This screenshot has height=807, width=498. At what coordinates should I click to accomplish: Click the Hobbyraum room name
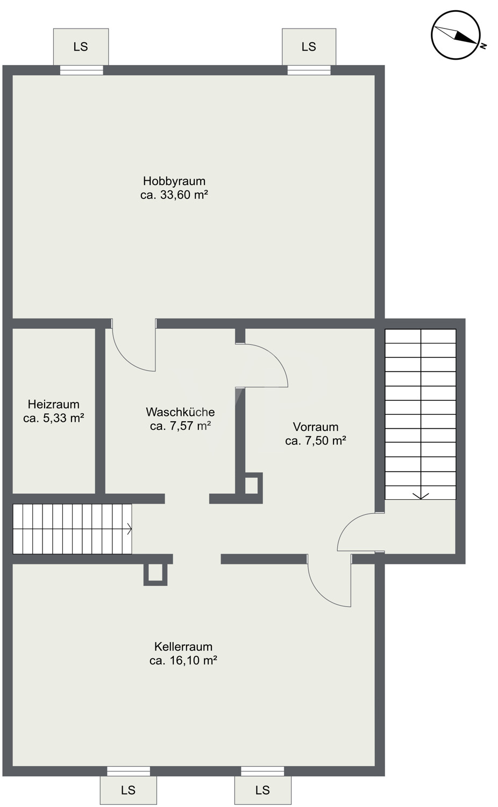[x=174, y=181]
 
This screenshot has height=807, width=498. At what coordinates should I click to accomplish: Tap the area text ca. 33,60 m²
[x=174, y=195]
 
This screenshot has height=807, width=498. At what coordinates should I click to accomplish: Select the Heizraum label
[x=54, y=404]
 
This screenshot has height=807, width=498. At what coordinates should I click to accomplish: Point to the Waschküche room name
[x=180, y=412]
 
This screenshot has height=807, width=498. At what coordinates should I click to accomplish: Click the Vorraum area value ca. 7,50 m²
[x=316, y=441]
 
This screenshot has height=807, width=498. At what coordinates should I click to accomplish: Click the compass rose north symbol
[x=456, y=35]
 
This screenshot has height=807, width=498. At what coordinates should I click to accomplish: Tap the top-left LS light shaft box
[x=81, y=47]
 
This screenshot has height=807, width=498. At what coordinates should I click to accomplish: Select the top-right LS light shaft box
[x=309, y=47]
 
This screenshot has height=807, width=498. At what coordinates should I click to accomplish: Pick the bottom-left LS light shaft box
[x=128, y=790]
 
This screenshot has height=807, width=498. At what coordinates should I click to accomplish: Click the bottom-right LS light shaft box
[x=263, y=790]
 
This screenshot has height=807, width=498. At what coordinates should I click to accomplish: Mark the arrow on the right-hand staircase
[x=421, y=495]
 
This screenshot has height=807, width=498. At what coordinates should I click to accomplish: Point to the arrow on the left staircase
[x=129, y=529]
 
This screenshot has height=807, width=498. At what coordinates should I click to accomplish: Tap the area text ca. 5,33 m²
[x=54, y=418]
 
